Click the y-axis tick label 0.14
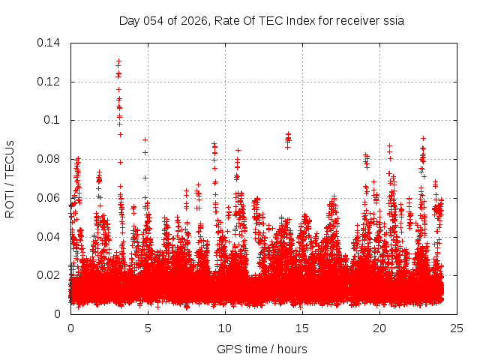[50, 43]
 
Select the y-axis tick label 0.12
[50, 82]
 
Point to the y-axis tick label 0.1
[55, 120]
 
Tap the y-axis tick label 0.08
[50, 159]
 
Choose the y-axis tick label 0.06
[50, 198]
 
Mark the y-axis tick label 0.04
[50, 237]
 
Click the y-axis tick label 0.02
[50, 275]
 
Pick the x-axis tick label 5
[148, 328]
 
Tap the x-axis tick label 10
[225, 328]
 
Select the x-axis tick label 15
[302, 328]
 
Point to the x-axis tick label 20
[379, 328]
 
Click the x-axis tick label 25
[457, 328]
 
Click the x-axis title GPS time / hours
[262, 349]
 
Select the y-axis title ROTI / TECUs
[10, 178]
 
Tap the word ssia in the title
[394, 21]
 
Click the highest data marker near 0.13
[118, 61]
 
